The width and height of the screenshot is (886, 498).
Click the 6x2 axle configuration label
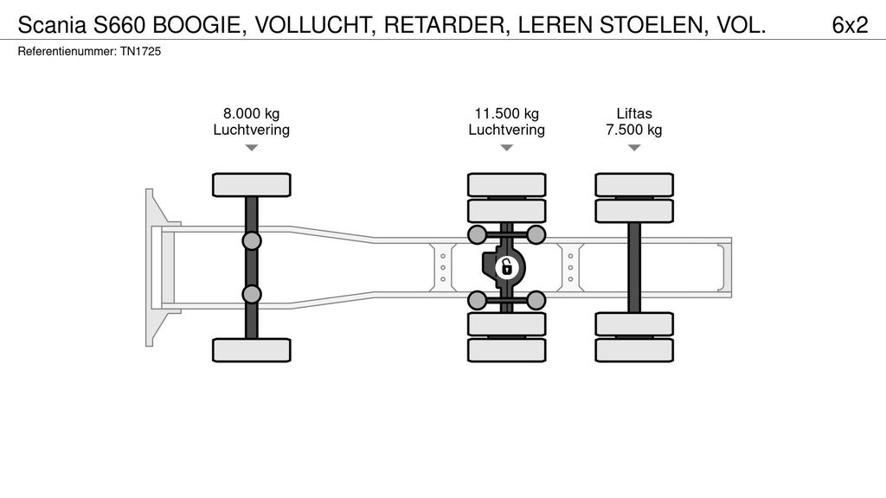click(x=849, y=25)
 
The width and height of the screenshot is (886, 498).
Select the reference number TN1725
click(x=140, y=52)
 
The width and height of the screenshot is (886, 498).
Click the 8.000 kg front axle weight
click(x=251, y=113)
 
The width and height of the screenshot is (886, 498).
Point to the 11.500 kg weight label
click(x=506, y=113)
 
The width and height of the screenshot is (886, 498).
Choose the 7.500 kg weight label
click(x=634, y=130)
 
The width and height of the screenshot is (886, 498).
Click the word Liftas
click(x=634, y=113)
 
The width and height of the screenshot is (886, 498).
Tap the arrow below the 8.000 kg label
click(x=251, y=148)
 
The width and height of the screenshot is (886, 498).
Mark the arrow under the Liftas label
click(x=634, y=148)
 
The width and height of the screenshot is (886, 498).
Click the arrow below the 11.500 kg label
click(x=506, y=148)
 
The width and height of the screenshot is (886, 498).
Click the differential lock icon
click(x=506, y=267)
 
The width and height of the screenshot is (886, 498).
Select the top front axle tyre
click(x=252, y=185)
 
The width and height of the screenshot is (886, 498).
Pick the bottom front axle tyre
click(x=252, y=349)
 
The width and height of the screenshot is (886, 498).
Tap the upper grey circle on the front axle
click(x=252, y=240)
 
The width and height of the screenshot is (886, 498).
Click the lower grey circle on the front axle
click(x=252, y=294)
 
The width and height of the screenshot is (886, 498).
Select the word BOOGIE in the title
click(x=197, y=25)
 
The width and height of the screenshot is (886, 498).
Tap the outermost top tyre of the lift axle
click(x=634, y=184)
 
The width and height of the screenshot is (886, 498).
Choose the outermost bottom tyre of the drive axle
click(x=506, y=350)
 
